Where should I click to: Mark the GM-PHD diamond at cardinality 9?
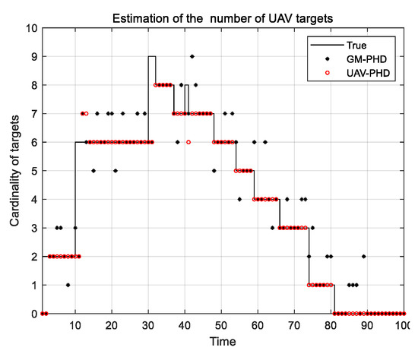click(x=192, y=56)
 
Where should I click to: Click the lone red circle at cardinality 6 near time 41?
click(x=188, y=142)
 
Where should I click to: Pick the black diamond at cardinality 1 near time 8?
click(x=68, y=285)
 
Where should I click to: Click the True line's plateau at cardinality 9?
click(x=152, y=56)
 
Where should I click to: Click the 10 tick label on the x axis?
click(x=75, y=326)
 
